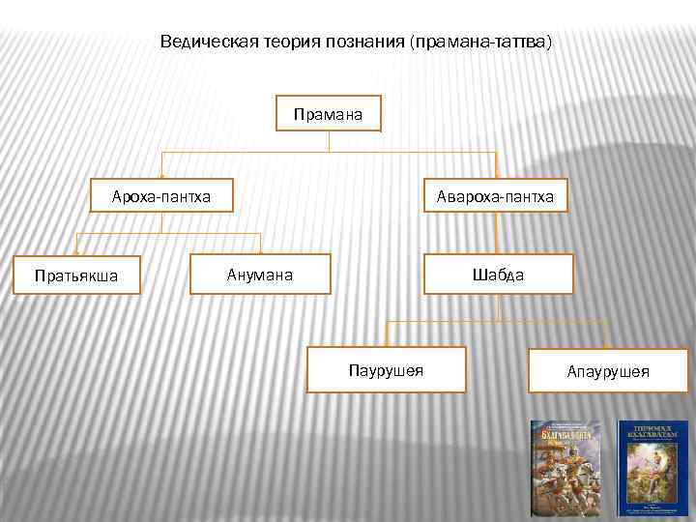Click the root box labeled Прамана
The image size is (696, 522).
click(329, 115)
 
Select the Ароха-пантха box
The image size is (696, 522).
click(161, 197)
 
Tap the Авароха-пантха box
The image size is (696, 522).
click(495, 197)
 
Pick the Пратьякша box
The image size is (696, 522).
click(76, 275)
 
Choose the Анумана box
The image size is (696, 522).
click(260, 275)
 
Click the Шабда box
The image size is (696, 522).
click(497, 275)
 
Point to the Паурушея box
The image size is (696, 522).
click(386, 368)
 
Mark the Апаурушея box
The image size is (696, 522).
click(608, 371)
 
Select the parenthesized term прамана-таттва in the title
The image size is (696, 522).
click(482, 43)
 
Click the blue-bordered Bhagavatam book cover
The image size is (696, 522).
click(652, 467)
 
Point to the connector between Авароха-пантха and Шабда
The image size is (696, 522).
click(496, 234)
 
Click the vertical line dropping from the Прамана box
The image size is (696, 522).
click(329, 142)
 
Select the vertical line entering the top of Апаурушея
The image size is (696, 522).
click(606, 335)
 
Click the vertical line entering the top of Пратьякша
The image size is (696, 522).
click(78, 245)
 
